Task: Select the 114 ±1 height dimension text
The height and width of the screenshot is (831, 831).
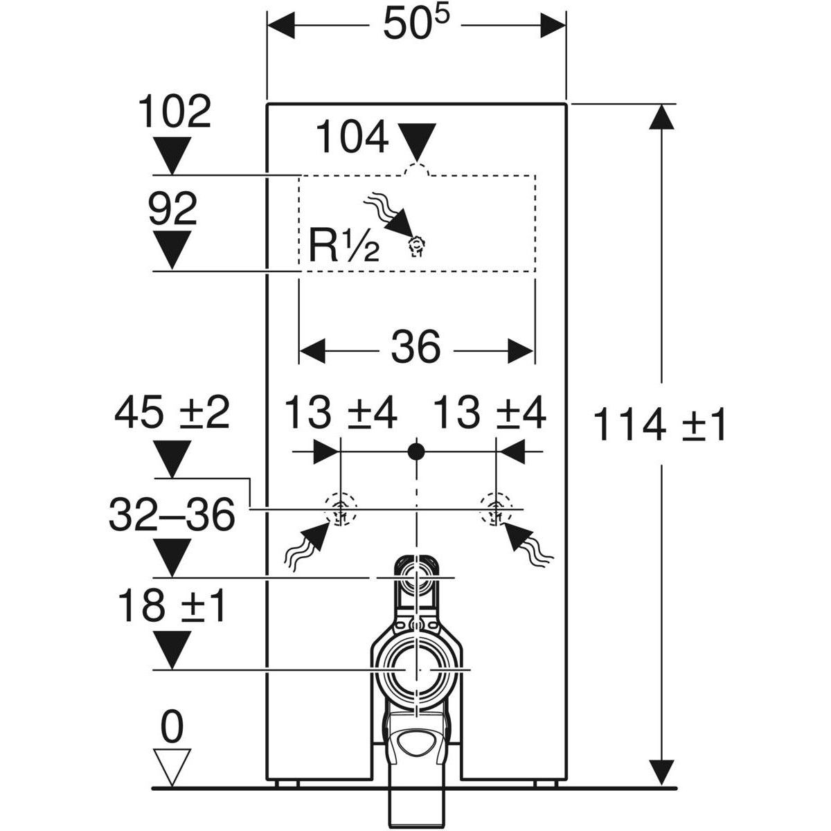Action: tap(661, 425)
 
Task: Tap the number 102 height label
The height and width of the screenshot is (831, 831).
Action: tap(174, 111)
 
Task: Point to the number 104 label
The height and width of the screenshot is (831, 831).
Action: tap(352, 139)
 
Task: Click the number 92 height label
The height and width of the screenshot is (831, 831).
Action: tap(172, 209)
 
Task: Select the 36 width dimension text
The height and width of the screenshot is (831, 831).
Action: tap(415, 347)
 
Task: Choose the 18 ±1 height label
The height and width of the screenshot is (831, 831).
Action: tap(172, 606)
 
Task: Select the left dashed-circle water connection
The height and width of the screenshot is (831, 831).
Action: tap(340, 510)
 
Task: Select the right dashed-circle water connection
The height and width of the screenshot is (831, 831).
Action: tap(496, 510)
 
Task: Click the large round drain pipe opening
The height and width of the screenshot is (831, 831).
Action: tap(415, 670)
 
